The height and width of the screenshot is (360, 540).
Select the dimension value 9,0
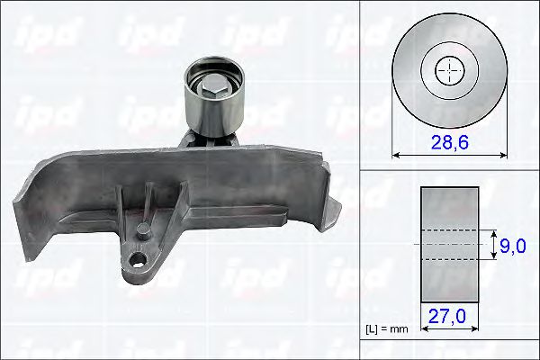tap(512, 245)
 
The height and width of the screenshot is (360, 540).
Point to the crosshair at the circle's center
tap(448, 69)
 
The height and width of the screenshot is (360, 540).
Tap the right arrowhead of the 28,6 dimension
tap(500, 155)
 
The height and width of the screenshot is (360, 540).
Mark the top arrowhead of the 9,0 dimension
tap(493, 231)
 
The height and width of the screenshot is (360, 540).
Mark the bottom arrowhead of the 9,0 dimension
tap(493, 257)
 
